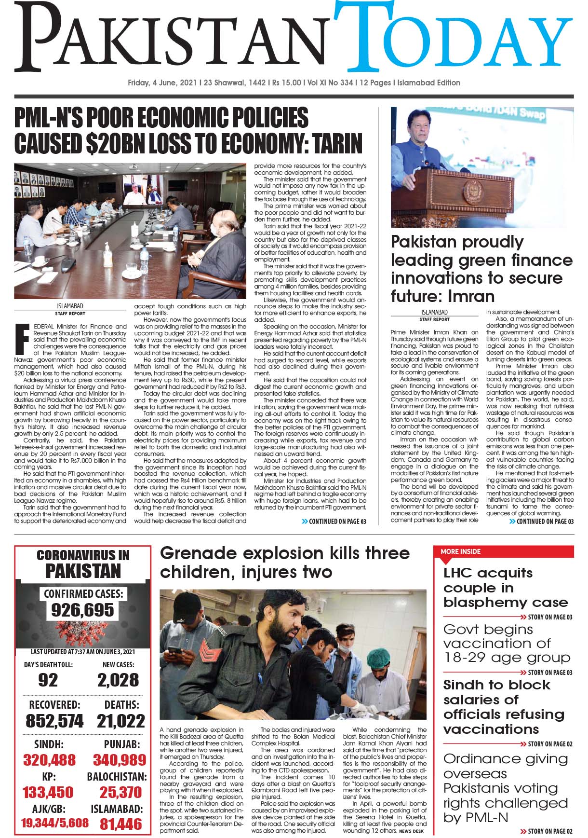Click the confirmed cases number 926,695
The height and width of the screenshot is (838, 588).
(83, 610)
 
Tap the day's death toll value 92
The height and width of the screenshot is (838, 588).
(48, 680)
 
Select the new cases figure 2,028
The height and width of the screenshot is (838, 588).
(118, 680)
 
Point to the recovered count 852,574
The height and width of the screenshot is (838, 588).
(54, 721)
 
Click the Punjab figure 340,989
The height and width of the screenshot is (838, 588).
(120, 760)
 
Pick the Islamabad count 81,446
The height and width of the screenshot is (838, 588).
(121, 824)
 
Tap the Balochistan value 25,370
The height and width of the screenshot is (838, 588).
(120, 792)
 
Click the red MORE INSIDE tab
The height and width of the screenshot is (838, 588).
(461, 551)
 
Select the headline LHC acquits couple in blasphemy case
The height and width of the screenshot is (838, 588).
(505, 588)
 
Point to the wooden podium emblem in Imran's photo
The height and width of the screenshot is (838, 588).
(469, 192)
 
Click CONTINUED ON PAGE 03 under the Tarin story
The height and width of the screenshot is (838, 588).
(334, 521)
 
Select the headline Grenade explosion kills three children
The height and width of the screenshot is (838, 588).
(284, 562)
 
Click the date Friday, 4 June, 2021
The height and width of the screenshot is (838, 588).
(162, 82)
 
